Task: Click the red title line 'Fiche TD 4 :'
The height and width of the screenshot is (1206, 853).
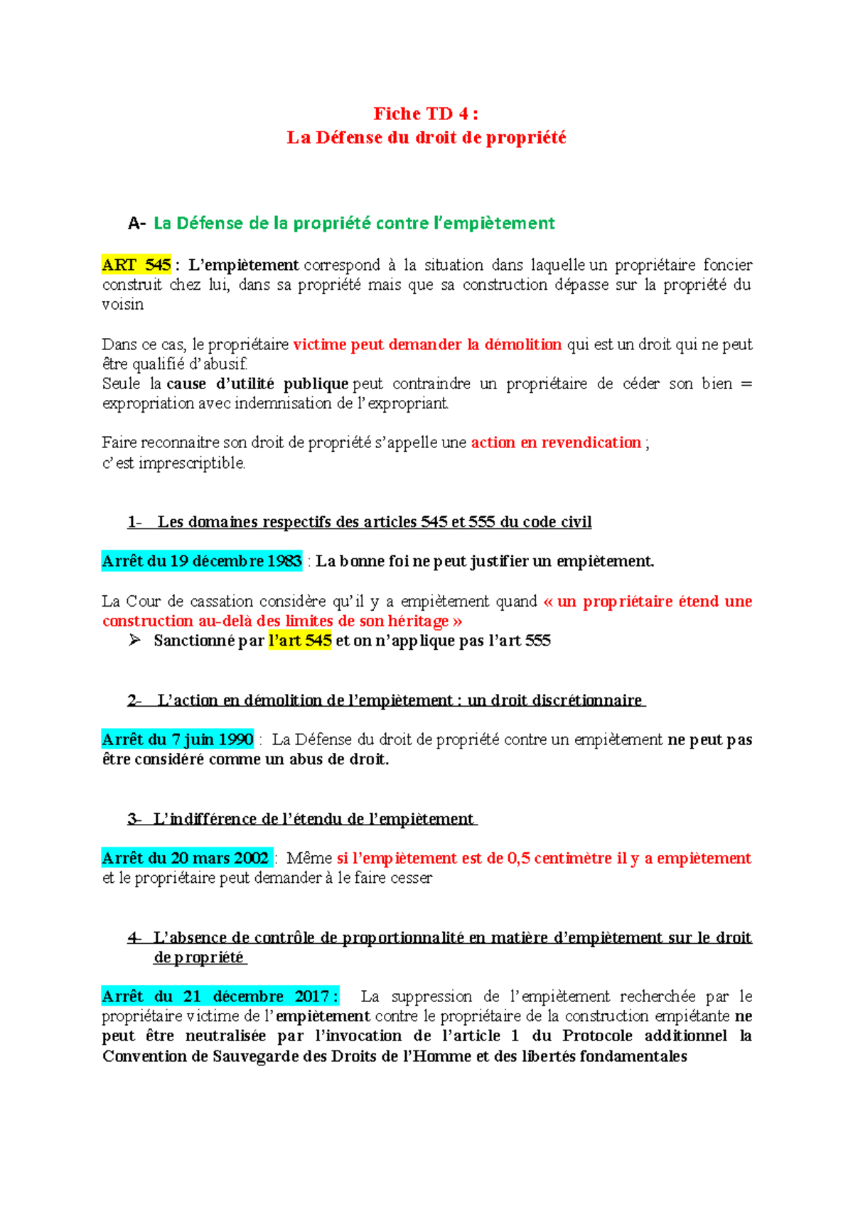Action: tap(426, 114)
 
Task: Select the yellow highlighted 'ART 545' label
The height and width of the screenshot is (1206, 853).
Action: tap(136, 266)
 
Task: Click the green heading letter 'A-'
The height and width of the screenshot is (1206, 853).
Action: tap(136, 224)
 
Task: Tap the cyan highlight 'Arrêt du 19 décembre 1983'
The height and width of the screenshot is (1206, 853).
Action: tap(202, 561)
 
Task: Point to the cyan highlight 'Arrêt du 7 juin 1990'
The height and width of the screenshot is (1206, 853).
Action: tap(178, 739)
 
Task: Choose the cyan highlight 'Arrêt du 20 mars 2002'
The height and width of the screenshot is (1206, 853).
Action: tap(186, 858)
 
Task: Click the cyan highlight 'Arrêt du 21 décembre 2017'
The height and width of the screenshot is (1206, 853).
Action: tap(219, 996)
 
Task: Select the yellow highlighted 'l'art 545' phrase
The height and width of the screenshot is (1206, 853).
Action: tap(300, 641)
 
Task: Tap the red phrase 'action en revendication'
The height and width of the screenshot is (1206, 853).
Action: tap(556, 442)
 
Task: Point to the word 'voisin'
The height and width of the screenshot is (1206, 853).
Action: tap(123, 305)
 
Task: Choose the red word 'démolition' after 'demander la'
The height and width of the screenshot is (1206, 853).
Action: tap(523, 344)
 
